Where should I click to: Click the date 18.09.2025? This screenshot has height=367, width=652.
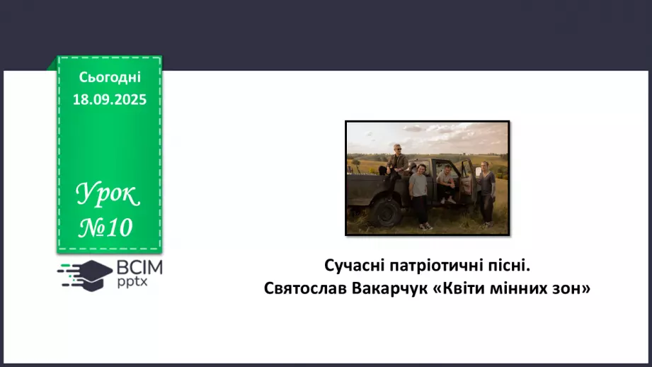pyautogui.click(x=110, y=100)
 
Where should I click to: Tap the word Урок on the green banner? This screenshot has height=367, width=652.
pyautogui.click(x=108, y=193)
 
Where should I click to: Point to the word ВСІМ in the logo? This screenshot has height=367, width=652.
pyautogui.click(x=140, y=267)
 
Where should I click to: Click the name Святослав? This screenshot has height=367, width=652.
pyautogui.click(x=299, y=289)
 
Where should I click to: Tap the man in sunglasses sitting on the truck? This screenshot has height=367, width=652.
pyautogui.click(x=397, y=161)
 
